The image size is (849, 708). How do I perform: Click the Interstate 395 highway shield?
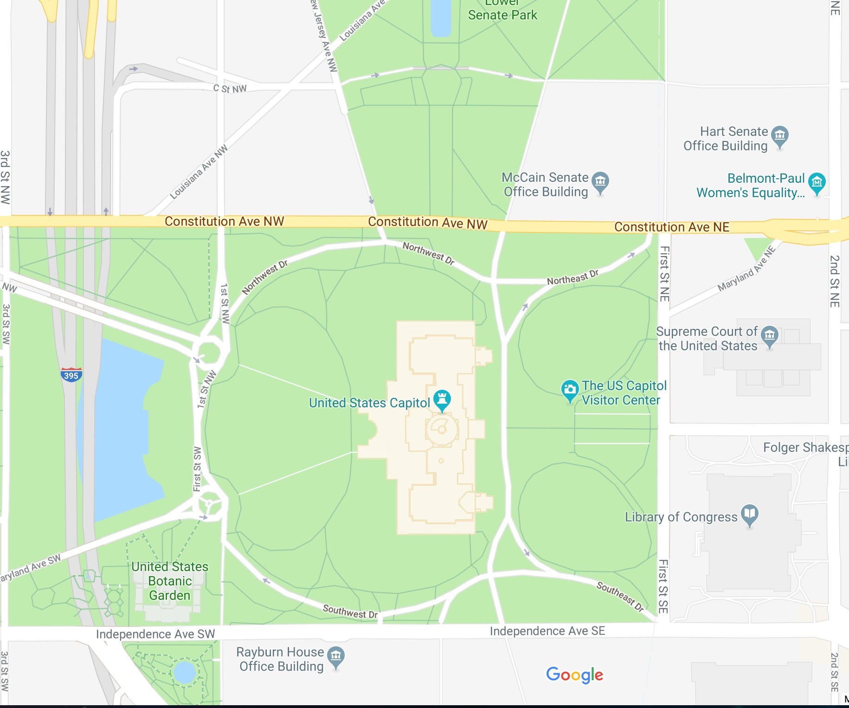[71, 375]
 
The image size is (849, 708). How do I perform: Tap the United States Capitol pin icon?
[442, 399]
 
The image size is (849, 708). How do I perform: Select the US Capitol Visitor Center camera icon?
[570, 390]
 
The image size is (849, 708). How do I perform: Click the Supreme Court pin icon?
[770, 336]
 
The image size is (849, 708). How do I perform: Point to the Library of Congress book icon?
[750, 514]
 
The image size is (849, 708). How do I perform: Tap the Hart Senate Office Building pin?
[780, 136]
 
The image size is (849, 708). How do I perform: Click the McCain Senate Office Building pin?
[600, 182]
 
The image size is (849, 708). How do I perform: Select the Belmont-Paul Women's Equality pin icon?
[817, 183]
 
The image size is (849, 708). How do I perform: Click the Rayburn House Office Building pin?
[336, 657]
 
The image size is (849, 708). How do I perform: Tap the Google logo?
[574, 675]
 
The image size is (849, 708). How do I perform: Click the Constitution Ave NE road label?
[671, 227]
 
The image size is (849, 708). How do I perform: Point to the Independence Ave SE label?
[547, 631]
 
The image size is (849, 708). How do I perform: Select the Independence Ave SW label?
[155, 634]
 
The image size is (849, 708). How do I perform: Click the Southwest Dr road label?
[350, 611]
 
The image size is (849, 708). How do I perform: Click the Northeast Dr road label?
[572, 277]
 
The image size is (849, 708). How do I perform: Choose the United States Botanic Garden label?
[170, 581]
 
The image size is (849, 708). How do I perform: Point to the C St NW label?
[230, 89]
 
